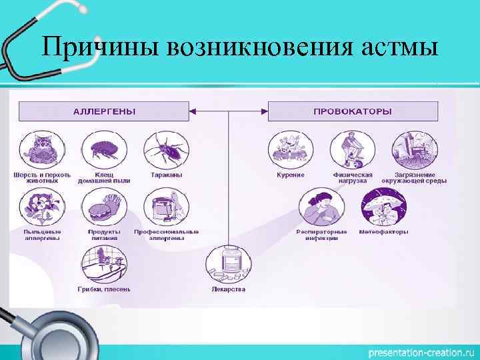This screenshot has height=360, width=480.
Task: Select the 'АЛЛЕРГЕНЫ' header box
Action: pos(103,111)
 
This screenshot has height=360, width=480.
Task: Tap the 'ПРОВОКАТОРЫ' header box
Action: pos(353,111)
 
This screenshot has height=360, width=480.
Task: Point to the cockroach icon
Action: pos(165,150)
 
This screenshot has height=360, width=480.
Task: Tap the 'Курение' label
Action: pos(291,175)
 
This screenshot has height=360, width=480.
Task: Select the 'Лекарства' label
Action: pos(228,289)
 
